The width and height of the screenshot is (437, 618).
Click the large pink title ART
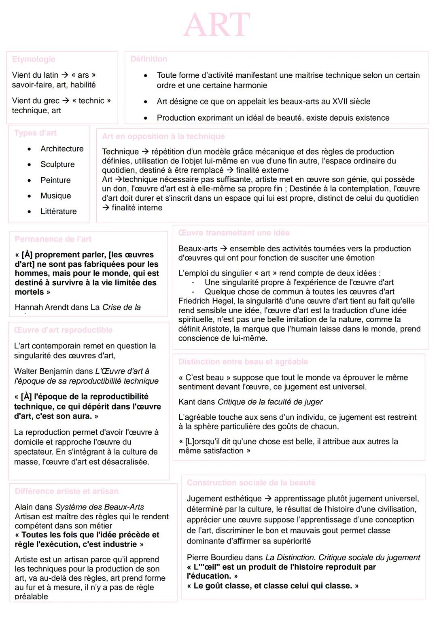(x=217, y=25)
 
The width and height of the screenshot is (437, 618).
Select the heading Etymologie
(x=34, y=59)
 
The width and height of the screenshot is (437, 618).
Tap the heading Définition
(x=148, y=59)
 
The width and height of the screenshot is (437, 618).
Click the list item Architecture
(x=62, y=149)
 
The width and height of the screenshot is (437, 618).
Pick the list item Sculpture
(x=57, y=164)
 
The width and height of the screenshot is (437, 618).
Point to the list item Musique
(x=55, y=196)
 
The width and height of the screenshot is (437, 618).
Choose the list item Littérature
(x=58, y=211)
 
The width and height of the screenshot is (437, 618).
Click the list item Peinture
(x=55, y=180)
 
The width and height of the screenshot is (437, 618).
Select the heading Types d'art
(x=35, y=133)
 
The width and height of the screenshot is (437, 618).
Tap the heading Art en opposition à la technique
(x=163, y=136)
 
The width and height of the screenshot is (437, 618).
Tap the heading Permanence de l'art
(x=53, y=239)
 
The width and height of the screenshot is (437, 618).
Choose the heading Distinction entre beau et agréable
(x=243, y=361)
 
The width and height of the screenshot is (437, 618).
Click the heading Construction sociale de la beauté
(x=251, y=482)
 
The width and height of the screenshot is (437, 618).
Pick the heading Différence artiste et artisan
(x=67, y=491)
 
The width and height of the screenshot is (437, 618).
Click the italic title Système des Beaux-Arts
(x=100, y=507)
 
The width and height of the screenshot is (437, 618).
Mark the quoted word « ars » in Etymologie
(x=83, y=75)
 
